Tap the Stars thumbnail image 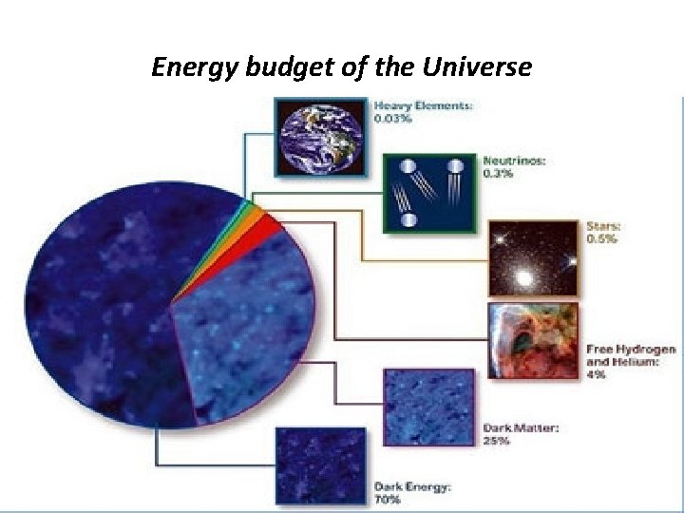(533, 258)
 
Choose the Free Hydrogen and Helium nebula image (533, 341)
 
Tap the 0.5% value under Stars (601, 239)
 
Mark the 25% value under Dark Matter (496, 441)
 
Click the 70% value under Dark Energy (389, 499)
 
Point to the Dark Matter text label (521, 428)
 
